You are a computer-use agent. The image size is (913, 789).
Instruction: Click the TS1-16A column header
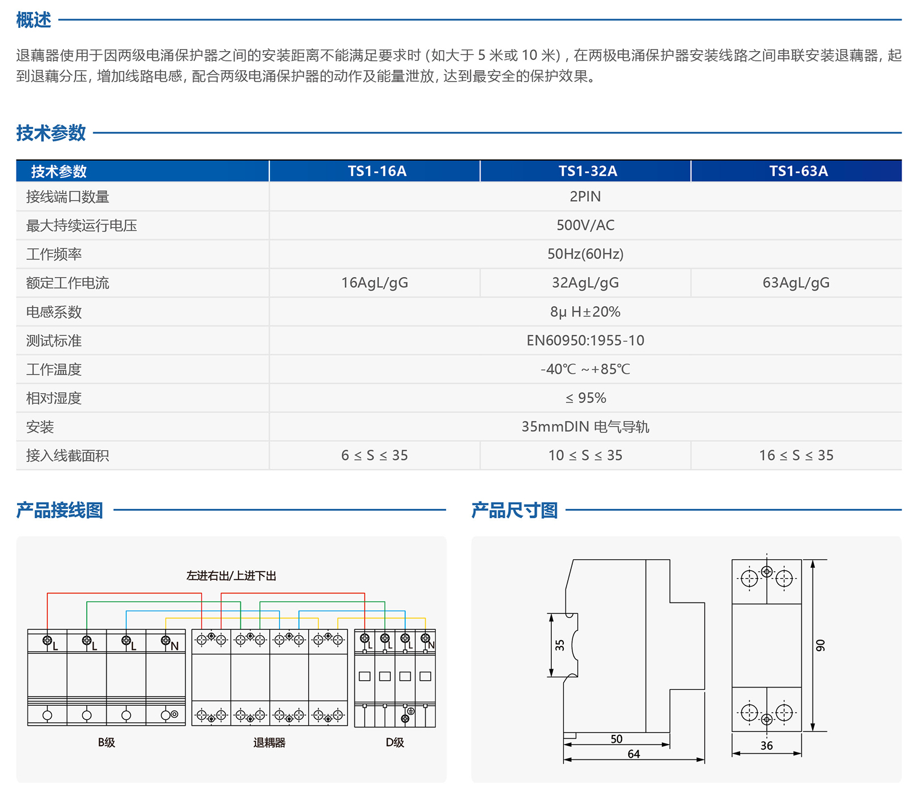(x=377, y=171)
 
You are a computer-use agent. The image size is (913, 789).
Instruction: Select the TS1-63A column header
(x=798, y=171)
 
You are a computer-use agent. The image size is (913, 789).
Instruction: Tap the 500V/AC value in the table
(x=585, y=225)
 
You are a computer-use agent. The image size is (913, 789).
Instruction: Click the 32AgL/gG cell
(x=585, y=283)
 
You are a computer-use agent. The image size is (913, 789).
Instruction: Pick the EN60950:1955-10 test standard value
(x=585, y=340)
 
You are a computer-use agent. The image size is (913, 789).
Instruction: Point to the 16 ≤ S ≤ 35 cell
(x=796, y=455)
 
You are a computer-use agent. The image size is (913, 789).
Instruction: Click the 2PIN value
(x=585, y=197)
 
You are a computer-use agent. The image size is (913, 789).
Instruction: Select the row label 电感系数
(x=54, y=312)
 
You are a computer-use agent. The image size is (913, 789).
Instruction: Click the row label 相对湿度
(x=54, y=398)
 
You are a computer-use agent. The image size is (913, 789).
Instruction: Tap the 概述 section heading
(x=34, y=20)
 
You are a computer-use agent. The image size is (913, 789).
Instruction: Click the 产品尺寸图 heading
(x=514, y=510)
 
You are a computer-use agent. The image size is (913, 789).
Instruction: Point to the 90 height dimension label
(x=820, y=645)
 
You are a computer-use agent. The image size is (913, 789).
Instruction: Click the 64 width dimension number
(x=633, y=754)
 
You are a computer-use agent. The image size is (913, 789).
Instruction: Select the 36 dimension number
(x=766, y=746)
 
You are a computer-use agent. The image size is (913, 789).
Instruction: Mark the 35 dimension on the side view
(x=560, y=645)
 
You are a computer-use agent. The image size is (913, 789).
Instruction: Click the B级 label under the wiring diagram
(x=106, y=742)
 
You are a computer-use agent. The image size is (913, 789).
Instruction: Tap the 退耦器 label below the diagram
(x=269, y=742)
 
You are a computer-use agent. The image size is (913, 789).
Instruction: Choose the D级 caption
(x=395, y=742)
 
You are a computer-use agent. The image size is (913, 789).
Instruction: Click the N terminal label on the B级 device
(x=175, y=646)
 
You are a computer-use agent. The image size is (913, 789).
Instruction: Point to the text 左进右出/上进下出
(x=231, y=576)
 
